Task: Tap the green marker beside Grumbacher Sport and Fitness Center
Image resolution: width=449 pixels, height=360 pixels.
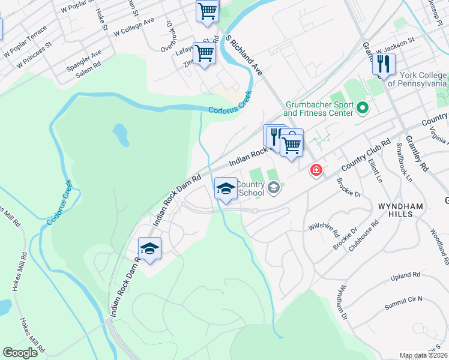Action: click(362, 109)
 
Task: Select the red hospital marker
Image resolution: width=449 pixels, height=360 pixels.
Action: click(316, 170)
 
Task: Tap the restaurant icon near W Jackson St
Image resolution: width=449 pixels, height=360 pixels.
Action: click(383, 63)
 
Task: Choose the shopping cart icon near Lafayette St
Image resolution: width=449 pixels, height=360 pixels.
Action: click(204, 53)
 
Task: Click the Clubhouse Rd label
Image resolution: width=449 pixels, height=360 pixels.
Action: click(366, 233)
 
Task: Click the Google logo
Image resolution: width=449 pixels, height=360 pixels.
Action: click(20, 353)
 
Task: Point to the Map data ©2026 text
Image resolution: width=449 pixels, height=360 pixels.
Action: click(424, 355)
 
